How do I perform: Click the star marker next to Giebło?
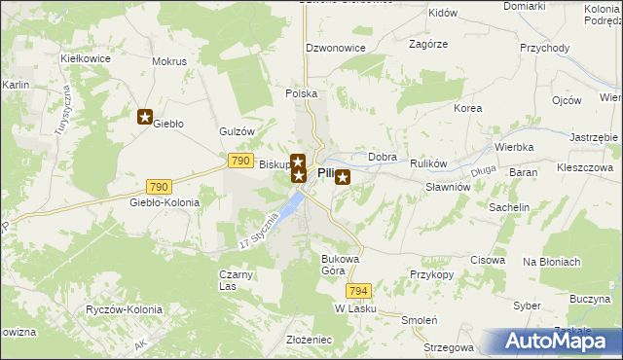145,118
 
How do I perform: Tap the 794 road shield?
358,291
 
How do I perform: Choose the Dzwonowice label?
333,47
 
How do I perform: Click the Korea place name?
468,108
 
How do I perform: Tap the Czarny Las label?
236,280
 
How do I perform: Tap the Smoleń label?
420,320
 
